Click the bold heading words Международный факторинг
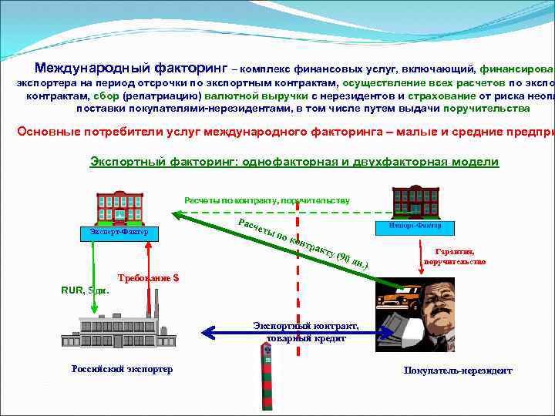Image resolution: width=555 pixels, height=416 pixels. point(130,68)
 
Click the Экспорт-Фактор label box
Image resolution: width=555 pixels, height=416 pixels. point(119,232)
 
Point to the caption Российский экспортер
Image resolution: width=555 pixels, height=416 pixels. point(122,369)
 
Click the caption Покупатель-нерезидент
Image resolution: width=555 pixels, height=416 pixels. point(457,371)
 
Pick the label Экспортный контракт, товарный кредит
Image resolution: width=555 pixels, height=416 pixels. point(306,332)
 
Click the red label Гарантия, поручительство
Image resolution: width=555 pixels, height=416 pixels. point(455,257)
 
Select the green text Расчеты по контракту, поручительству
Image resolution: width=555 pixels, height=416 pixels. point(266,200)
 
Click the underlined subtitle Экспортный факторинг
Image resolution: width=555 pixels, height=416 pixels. point(294,162)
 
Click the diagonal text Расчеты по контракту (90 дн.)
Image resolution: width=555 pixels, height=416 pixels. point(302,243)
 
